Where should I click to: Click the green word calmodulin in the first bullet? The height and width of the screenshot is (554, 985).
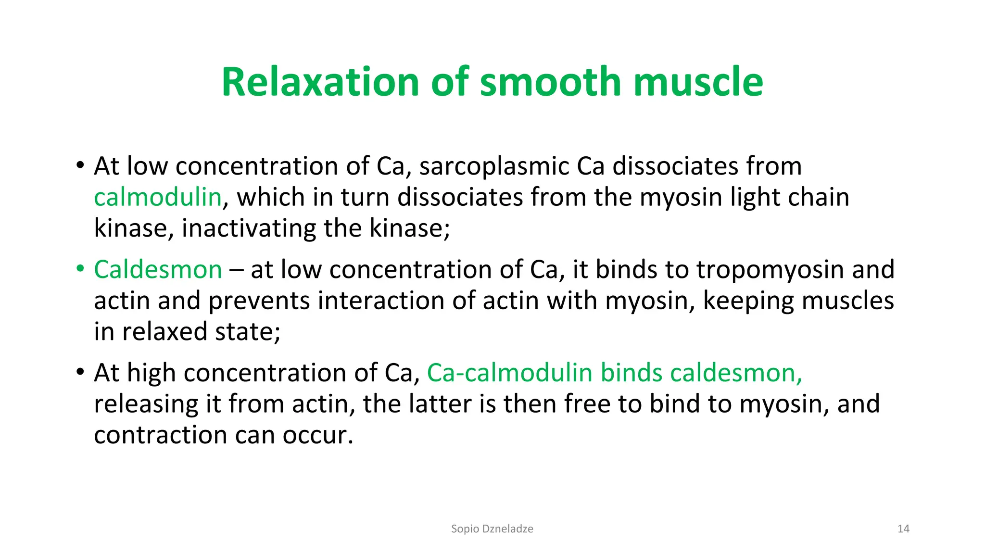tap(157, 198)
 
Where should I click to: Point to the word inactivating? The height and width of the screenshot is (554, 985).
tap(248, 228)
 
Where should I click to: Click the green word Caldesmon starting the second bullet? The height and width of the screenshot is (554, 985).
tap(158, 270)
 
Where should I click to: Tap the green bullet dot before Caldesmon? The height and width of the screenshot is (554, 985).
tap(80, 269)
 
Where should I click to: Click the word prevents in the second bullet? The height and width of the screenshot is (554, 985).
tap(259, 301)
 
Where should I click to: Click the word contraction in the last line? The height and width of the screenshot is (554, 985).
tap(161, 435)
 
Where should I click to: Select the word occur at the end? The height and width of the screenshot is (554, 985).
tap(317, 435)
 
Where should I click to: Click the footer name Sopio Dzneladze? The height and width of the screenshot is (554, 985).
tap(492, 529)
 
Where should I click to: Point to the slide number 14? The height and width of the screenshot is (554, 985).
tap(903, 529)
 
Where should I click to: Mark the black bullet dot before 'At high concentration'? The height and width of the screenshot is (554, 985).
tap(80, 372)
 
